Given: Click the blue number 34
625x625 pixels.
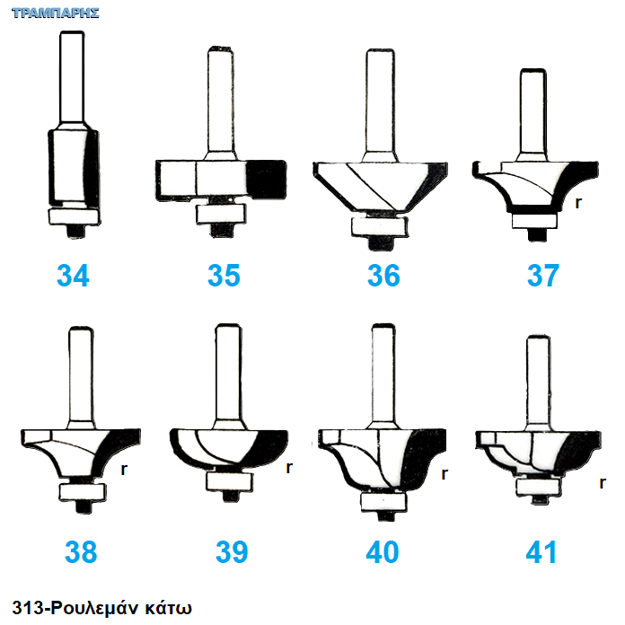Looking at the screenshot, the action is [73, 275].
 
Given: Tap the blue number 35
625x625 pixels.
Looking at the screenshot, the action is [224, 275].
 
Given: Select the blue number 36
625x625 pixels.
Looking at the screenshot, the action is [383, 275].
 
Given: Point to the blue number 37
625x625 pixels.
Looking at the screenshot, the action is [543, 275].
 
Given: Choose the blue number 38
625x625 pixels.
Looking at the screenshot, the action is [81, 551].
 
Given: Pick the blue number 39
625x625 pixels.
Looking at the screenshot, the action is [232, 551].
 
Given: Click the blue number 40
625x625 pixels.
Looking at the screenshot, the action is [383, 551].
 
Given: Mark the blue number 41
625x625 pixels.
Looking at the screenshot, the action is [541, 551].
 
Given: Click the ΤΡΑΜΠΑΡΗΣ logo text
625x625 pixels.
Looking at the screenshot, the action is [56, 13].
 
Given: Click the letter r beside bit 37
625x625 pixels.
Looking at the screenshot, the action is [578, 203].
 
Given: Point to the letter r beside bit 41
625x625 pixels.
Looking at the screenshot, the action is [603, 483].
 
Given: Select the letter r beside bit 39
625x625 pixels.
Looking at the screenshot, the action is [289, 467].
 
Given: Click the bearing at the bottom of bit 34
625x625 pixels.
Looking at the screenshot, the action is [75, 216].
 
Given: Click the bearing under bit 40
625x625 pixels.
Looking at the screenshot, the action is [383, 502].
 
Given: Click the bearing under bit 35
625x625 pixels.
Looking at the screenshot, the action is [221, 214].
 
